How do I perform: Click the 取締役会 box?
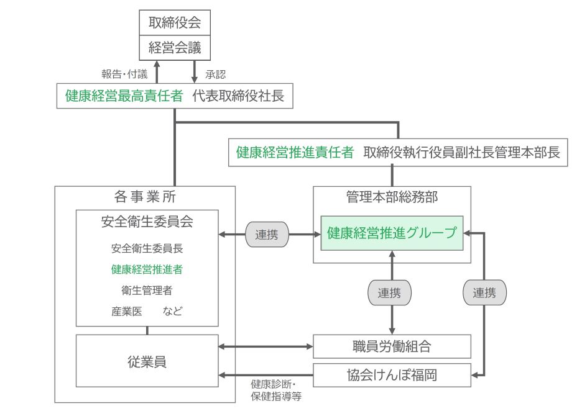coord(175,24)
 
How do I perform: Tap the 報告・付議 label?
coord(124,74)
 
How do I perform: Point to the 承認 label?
coord(215,74)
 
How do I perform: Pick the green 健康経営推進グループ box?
coord(392,233)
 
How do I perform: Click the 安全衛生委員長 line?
coord(147,249)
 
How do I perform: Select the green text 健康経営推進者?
coord(147,269)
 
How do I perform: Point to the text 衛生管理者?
coord(147,290)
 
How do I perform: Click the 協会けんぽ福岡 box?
coord(392,375)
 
